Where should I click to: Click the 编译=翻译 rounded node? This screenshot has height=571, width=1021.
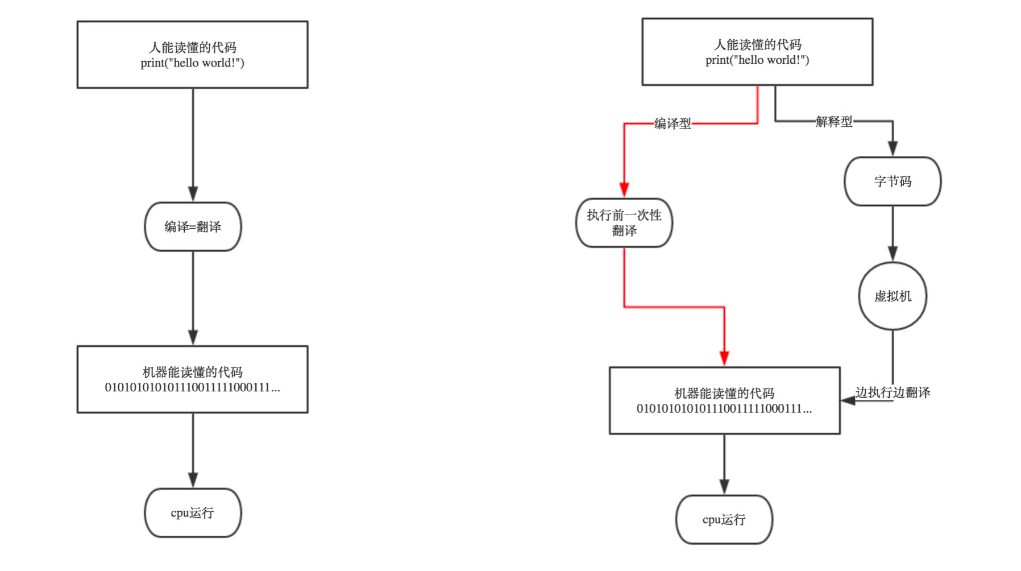[193, 226]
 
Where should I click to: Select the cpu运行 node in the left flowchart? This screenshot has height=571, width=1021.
[193, 512]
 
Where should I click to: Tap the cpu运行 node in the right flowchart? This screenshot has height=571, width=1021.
[724, 519]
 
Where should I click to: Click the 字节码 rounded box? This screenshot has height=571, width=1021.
[893, 181]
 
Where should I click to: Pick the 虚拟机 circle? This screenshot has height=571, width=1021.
[893, 296]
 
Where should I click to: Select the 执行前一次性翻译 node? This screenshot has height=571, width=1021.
[624, 222]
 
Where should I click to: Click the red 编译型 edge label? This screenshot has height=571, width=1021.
[673, 123]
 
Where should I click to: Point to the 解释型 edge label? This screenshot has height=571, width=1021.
[834, 121]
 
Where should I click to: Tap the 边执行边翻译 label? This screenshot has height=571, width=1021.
[893, 392]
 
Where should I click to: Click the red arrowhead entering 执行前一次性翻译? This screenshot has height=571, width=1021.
[624, 189]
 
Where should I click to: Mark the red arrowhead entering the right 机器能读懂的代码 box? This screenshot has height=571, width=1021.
[724, 358]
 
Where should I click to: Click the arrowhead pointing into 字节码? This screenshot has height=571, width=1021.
[893, 148]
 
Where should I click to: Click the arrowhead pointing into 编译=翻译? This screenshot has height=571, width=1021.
[193, 193]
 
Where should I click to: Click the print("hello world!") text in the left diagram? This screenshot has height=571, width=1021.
[192, 63]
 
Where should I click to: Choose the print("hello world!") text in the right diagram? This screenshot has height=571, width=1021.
[757, 60]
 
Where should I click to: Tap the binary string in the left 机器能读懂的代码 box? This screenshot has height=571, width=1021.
[192, 388]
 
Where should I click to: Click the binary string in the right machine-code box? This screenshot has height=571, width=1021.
[724, 409]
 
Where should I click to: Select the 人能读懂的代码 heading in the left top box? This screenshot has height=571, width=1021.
[192, 47]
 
